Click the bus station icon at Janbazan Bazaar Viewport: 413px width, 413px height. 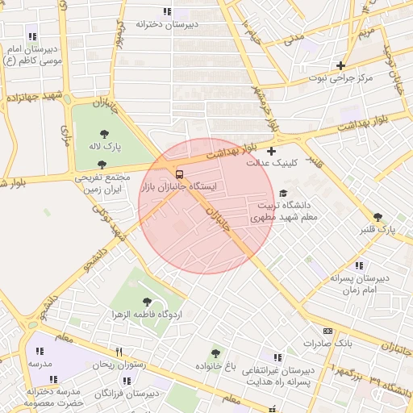pos(179,173)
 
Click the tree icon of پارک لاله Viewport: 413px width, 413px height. pos(104,134)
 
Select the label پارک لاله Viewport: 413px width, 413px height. pos(104,148)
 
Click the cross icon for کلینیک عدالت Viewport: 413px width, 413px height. pos(271,151)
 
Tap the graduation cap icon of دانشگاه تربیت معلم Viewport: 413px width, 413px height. pos(282,194)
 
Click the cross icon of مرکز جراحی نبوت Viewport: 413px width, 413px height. pos(341,66)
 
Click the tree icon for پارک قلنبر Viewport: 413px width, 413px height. pos(378,216)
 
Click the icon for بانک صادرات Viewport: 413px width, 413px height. pos(327,331)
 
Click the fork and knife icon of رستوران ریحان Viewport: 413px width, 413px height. pos(119,352)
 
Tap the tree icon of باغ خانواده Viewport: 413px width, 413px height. pos(215,353)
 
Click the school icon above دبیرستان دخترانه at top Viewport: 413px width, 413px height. pos(167,11)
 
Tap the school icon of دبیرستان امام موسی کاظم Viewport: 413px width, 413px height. pos(32,36)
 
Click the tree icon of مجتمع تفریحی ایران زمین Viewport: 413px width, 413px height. pos(100,164)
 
